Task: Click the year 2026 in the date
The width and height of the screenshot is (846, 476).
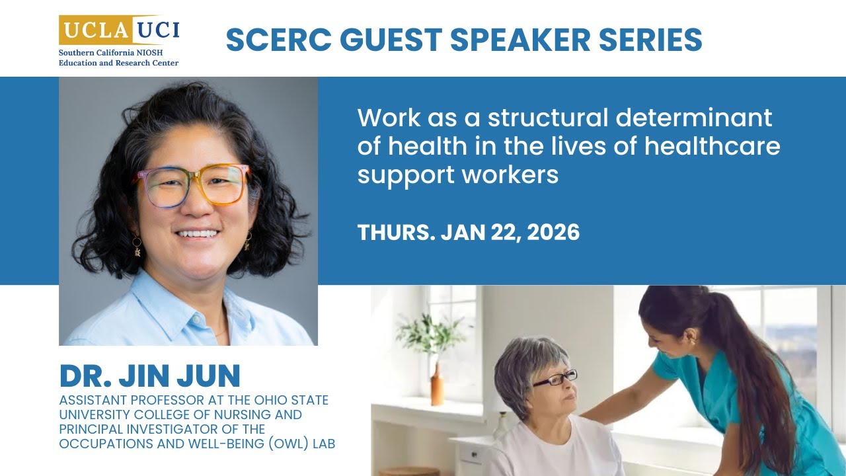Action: [553, 232]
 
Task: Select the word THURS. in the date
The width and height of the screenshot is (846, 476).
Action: [394, 232]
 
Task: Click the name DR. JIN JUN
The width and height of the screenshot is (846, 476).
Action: [150, 376]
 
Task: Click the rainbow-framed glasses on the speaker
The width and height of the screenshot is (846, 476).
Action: [192, 186]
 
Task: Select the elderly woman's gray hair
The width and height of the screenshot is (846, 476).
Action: [522, 357]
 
